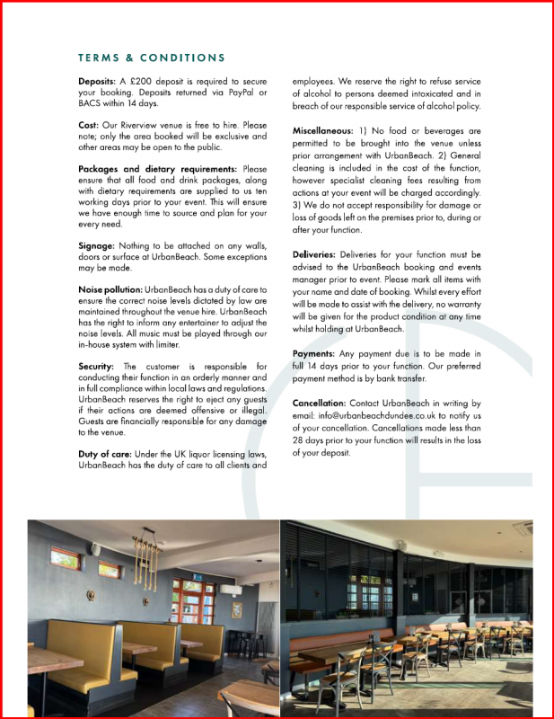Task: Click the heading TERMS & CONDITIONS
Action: point(152,58)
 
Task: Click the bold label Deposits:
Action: point(97,82)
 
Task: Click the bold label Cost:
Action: point(89,125)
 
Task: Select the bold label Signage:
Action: point(97,245)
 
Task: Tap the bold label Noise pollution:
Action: point(110,289)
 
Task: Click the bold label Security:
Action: point(96,367)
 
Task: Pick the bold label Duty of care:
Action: point(105,454)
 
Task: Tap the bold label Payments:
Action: point(314,354)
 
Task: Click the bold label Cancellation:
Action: point(320,404)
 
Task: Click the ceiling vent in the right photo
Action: point(522,528)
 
